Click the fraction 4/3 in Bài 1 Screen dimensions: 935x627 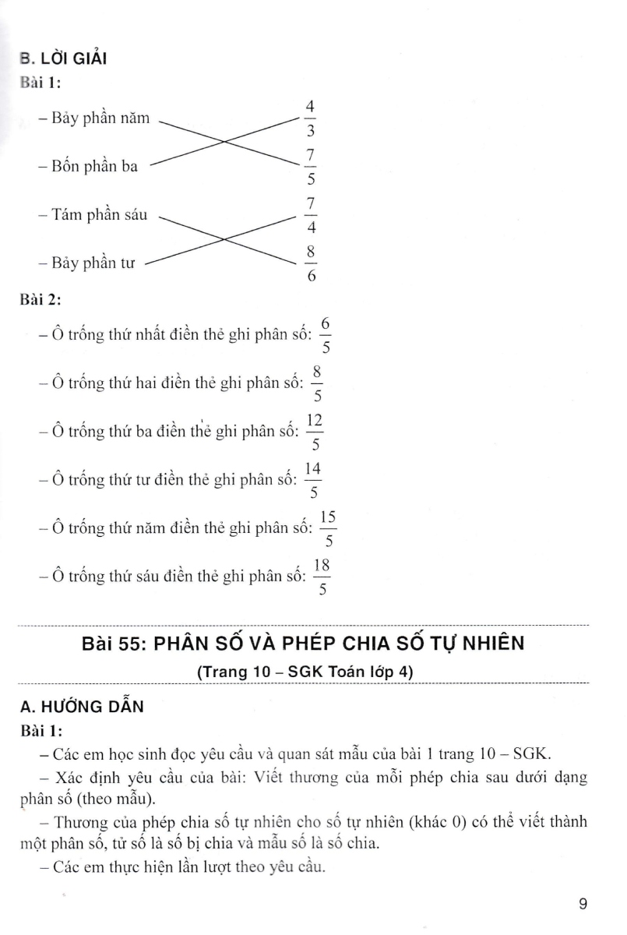[309, 118]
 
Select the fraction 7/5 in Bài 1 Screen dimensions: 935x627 [309, 168]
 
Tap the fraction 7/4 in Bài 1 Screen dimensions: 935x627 [309, 216]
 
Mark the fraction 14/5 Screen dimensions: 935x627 [314, 481]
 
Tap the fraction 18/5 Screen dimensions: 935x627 [322, 577]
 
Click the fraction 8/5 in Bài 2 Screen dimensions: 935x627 [317, 383]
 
